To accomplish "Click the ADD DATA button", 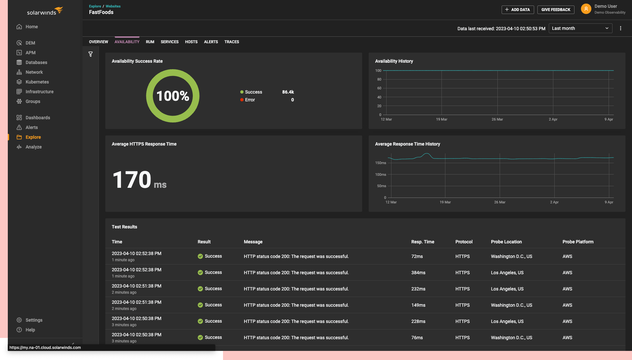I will point(518,10).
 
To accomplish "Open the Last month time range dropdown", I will point(580,28).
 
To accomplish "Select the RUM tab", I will point(150,42).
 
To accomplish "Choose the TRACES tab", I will point(231,42).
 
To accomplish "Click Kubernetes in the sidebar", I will point(37,82).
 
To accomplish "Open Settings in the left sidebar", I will point(34,320).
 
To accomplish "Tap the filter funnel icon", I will point(91,54).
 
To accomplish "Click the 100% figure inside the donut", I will point(173,96).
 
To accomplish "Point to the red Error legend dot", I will point(242,100).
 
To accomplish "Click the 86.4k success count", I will point(288,92).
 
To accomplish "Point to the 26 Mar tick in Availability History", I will point(497,119).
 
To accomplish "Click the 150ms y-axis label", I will point(380,163).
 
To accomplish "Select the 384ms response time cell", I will point(418,273).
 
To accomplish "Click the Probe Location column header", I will point(506,242).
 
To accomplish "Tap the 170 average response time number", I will point(132,180).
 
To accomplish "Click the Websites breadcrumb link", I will point(113,6).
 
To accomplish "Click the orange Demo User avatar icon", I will point(586,9).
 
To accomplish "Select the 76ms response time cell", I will point(417,338).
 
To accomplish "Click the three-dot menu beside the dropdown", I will point(620,28).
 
